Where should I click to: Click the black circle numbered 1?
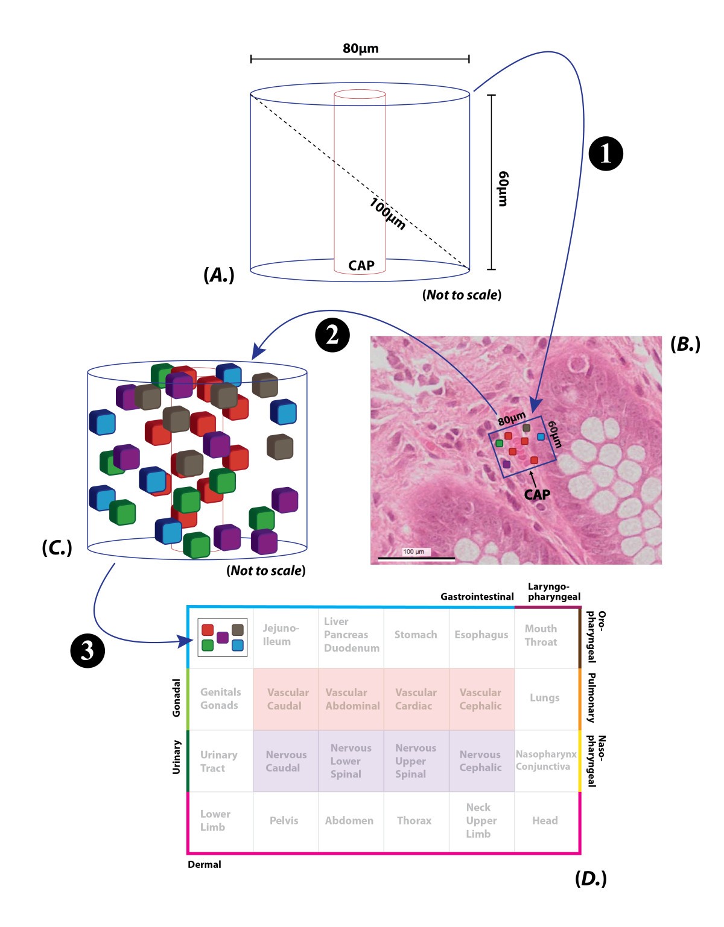click(x=605, y=154)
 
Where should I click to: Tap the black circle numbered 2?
click(x=332, y=335)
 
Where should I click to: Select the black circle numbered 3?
click(x=87, y=651)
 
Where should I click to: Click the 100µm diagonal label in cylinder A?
click(x=387, y=214)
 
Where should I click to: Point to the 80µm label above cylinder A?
click(x=360, y=49)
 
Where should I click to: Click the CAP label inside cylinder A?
click(x=361, y=265)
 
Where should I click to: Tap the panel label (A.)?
click(x=218, y=275)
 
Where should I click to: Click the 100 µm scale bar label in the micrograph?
click(x=414, y=551)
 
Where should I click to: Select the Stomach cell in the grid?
click(x=415, y=635)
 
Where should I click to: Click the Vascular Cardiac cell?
click(x=415, y=699)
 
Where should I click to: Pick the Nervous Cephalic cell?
click(x=480, y=761)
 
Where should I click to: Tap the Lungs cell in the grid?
click(x=544, y=697)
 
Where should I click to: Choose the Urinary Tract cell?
click(x=218, y=761)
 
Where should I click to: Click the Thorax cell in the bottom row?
click(x=414, y=820)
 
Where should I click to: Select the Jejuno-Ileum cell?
click(x=281, y=635)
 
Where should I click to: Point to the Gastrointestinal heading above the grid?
click(x=477, y=597)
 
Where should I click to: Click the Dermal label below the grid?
click(x=204, y=864)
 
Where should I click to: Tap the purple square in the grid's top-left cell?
click(x=223, y=637)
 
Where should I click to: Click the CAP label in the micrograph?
click(x=536, y=495)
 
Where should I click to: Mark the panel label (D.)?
click(x=591, y=879)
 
